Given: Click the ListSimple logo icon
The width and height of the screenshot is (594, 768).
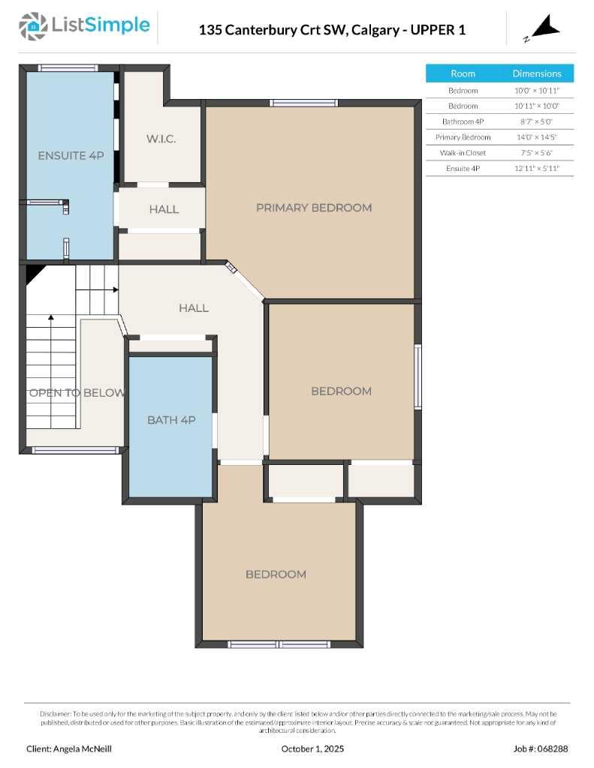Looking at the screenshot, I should [x=32, y=26].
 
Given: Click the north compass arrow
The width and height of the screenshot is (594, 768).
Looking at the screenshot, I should [x=546, y=28].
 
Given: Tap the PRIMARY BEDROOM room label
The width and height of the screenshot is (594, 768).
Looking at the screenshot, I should [x=313, y=208].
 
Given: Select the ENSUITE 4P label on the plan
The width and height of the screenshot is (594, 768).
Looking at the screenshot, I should [x=71, y=155].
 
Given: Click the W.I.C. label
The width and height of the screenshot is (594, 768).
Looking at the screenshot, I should [x=161, y=139].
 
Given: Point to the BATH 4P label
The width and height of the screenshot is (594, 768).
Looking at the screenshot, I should [x=171, y=420].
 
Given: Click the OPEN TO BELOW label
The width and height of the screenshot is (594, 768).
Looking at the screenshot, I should [x=77, y=393].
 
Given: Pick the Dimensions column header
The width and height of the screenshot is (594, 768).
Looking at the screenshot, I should [x=536, y=73].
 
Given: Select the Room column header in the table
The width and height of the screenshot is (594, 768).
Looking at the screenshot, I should [x=463, y=73].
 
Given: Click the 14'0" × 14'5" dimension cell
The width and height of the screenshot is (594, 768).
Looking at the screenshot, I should [x=536, y=137].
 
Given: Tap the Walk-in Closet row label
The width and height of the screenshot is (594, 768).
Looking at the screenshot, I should [x=463, y=153].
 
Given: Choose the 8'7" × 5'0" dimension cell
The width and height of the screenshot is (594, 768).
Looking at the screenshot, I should [x=536, y=121].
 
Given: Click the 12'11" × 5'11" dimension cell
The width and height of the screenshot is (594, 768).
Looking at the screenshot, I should [x=536, y=169].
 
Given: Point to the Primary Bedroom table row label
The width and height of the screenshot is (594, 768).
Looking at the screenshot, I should [x=463, y=137].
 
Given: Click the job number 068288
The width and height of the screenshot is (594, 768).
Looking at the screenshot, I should [x=541, y=748].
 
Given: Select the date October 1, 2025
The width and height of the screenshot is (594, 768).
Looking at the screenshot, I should [x=312, y=748].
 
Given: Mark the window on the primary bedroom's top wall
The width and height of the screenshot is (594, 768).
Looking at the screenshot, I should [x=294, y=103].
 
